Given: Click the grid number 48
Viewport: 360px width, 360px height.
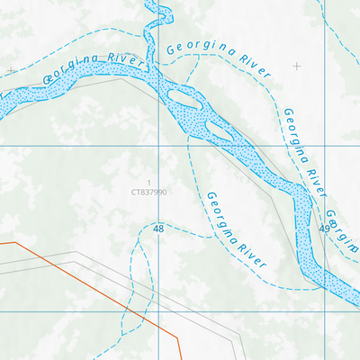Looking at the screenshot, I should pos(158,229).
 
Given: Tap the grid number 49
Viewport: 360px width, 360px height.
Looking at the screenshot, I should pos(324,230).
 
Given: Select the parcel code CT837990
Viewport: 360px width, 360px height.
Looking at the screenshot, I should pos(148,192).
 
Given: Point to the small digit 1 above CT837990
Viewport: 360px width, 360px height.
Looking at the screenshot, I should pos(148,182).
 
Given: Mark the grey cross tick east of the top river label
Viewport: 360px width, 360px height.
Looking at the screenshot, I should pos(297,66).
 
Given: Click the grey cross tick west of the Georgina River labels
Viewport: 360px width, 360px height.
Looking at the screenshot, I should pos(11,69).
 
